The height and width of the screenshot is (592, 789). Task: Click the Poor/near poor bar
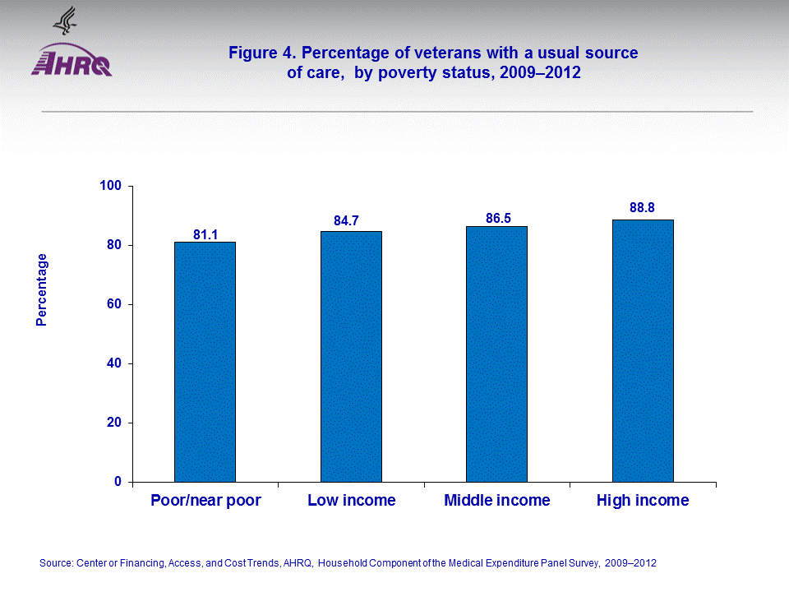(205, 362)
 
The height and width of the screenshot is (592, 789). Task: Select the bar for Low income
(351, 356)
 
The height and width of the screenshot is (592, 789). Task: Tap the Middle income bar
(496, 354)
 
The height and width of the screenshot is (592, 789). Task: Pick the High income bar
(643, 350)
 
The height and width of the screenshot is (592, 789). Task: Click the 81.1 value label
(205, 235)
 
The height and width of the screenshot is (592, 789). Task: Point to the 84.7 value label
(351, 221)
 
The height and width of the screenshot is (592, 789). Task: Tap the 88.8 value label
(643, 208)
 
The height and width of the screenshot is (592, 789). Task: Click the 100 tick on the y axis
(111, 186)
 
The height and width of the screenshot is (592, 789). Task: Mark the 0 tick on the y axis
(118, 482)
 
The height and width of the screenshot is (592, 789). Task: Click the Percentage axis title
(42, 289)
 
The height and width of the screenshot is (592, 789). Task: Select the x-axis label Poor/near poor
(205, 500)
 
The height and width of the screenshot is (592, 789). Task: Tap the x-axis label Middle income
(496, 500)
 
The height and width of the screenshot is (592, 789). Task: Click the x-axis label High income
(643, 500)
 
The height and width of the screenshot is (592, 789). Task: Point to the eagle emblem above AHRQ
(64, 20)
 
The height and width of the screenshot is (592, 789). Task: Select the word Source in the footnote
(55, 563)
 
